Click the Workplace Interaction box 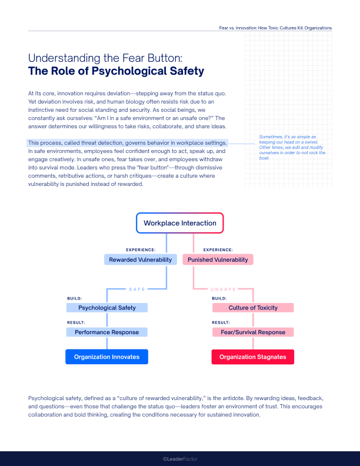180,224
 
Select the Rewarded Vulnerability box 140,259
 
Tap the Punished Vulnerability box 218,259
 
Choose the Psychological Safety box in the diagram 107,308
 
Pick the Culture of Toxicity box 253,308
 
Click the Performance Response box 107,332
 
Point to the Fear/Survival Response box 253,332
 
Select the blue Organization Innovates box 107,357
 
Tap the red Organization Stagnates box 253,357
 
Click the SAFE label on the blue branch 137,289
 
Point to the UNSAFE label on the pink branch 223,289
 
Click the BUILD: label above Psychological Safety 75,298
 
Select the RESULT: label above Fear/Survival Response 221,322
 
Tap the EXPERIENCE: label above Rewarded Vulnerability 141,249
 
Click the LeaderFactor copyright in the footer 180,458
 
